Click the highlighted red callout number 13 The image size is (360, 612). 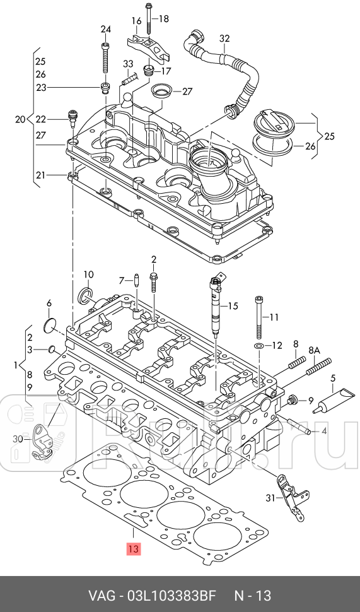(x=133, y=548)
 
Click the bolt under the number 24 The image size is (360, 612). (x=105, y=60)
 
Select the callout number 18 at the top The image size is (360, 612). (x=163, y=19)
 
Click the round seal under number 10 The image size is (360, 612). (x=85, y=295)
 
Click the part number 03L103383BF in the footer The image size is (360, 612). (x=171, y=596)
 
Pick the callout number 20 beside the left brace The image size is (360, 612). (x=20, y=119)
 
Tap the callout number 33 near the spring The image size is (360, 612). (x=128, y=64)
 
